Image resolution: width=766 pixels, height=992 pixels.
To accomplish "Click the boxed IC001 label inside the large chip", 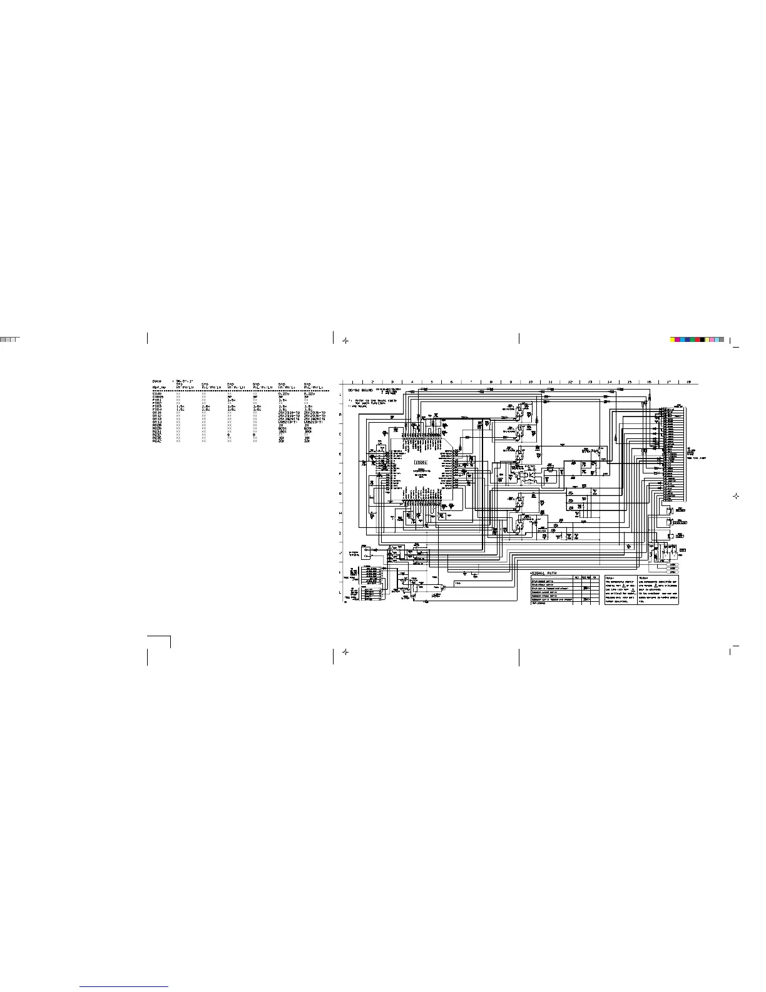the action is pos(421,462).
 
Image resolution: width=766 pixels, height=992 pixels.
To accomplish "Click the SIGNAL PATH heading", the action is pos(543,573).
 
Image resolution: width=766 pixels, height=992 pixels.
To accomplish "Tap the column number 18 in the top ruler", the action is pos(688,381).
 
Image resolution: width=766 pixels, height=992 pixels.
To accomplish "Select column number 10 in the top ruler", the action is pos(530,381).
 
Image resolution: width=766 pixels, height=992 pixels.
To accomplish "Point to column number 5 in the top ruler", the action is pos(431,381).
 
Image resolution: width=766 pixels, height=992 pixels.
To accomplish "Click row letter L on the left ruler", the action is pos(340,592).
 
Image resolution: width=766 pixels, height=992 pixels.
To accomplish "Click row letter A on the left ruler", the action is pos(340,395).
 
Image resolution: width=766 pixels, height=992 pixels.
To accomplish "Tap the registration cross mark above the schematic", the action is pos(345,340).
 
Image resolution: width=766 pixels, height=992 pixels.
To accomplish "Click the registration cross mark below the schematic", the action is pos(345,651).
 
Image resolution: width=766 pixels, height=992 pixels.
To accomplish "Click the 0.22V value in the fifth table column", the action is pos(285,394).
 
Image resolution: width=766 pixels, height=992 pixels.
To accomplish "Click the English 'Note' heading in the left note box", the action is pos(611,578).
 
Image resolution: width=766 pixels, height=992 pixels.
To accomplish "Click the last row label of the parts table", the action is pos(157,442).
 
